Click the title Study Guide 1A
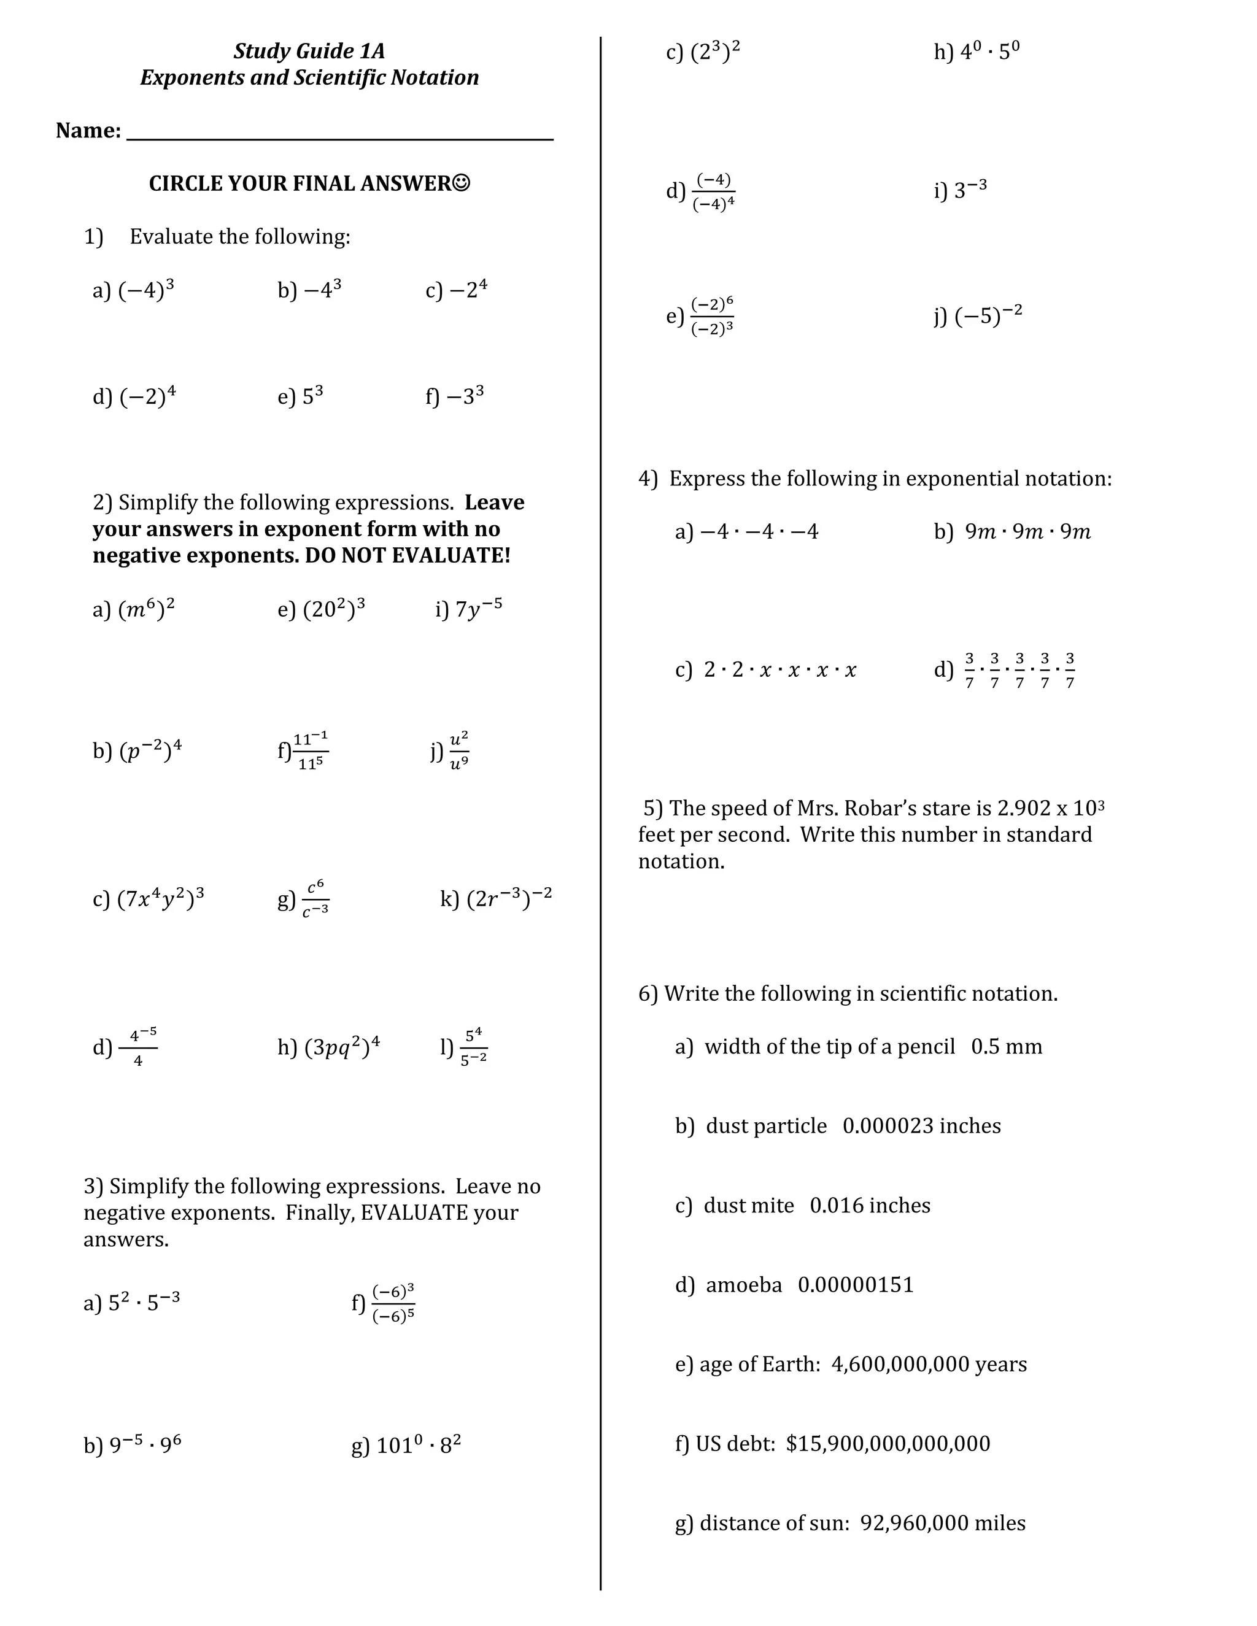[x=309, y=51]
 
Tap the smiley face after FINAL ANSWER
[x=462, y=182]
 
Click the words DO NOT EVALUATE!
[x=408, y=555]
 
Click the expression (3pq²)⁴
[x=342, y=1047]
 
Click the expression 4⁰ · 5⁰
[x=989, y=52]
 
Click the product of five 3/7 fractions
[x=1019, y=670]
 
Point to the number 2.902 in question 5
[x=1024, y=808]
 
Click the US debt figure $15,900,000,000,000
[x=888, y=1444]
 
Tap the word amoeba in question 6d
[x=743, y=1285]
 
